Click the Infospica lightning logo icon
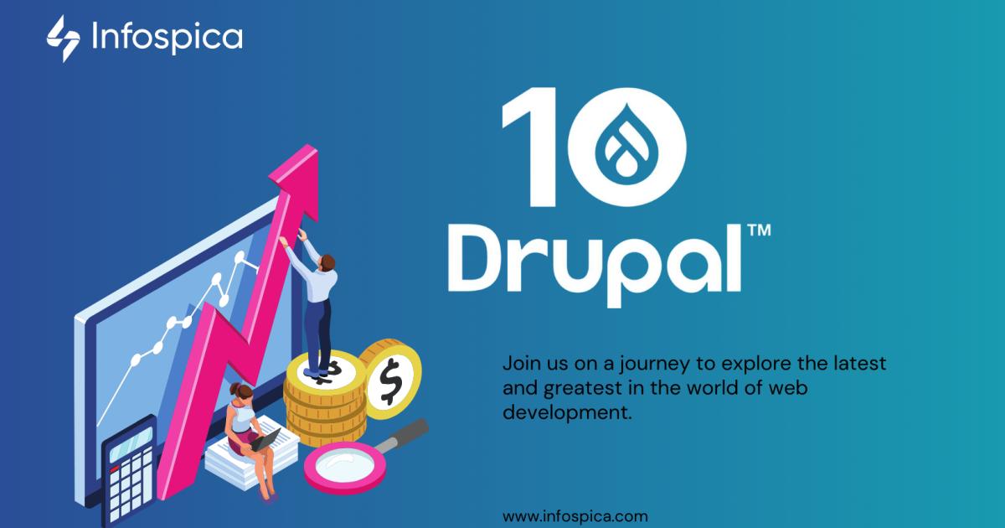tap(63, 39)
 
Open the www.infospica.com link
tap(575, 516)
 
